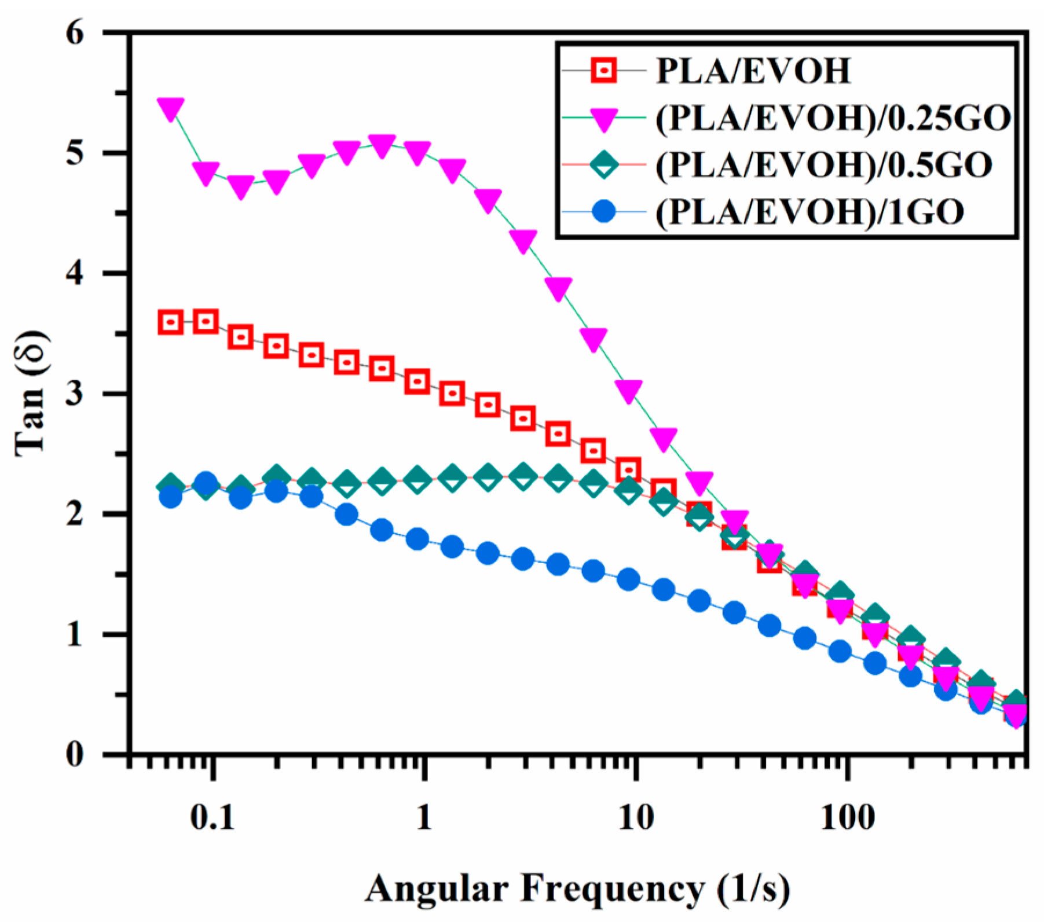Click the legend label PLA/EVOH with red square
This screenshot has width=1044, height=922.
[x=753, y=71]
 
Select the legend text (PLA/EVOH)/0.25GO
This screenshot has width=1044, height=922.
[x=833, y=118]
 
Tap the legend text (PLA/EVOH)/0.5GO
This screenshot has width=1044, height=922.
[x=823, y=165]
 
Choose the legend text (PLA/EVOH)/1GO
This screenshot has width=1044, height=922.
[x=809, y=212]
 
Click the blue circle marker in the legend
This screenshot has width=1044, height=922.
[x=604, y=212]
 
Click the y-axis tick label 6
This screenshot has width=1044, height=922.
[x=76, y=32]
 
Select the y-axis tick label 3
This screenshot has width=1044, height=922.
[x=76, y=394]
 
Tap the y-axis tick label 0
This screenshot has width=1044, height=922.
[x=76, y=755]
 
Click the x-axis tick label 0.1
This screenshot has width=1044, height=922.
[x=213, y=818]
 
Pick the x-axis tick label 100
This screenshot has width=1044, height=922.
[x=847, y=818]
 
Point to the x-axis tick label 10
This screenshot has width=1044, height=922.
[x=636, y=818]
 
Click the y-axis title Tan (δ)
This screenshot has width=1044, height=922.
[x=30, y=394]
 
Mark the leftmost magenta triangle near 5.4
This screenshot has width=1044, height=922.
[x=171, y=108]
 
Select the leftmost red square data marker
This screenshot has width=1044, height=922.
[x=171, y=322]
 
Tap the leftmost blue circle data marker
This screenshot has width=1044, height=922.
[x=170, y=497]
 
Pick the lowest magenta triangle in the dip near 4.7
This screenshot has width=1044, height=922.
[x=241, y=187]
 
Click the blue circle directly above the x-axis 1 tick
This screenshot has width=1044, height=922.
[x=417, y=539]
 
